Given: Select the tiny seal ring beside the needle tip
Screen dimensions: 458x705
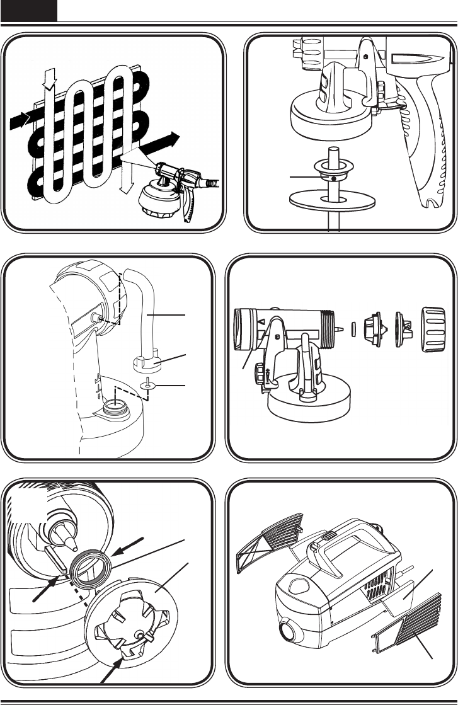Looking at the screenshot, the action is [x=353, y=330].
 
